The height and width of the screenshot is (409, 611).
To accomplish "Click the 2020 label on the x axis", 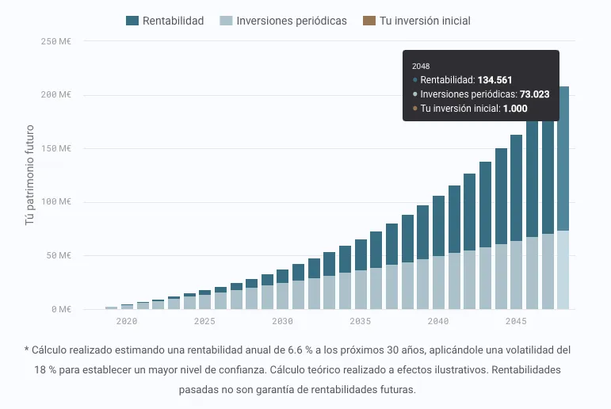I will [x=127, y=321].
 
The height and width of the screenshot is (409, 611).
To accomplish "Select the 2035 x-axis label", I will [x=361, y=321].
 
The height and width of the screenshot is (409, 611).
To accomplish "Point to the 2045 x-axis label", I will [x=516, y=321].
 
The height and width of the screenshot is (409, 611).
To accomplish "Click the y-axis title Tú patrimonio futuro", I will [x=30, y=174].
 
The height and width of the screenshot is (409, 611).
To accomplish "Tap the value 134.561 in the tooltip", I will [x=495, y=80].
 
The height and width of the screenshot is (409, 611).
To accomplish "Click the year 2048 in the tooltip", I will [x=422, y=66].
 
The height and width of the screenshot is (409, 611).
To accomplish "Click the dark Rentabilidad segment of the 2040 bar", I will [x=438, y=226].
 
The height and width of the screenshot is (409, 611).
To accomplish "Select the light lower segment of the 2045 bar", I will [x=516, y=274].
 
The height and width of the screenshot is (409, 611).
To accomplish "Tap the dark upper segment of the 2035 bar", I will [x=361, y=254].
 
